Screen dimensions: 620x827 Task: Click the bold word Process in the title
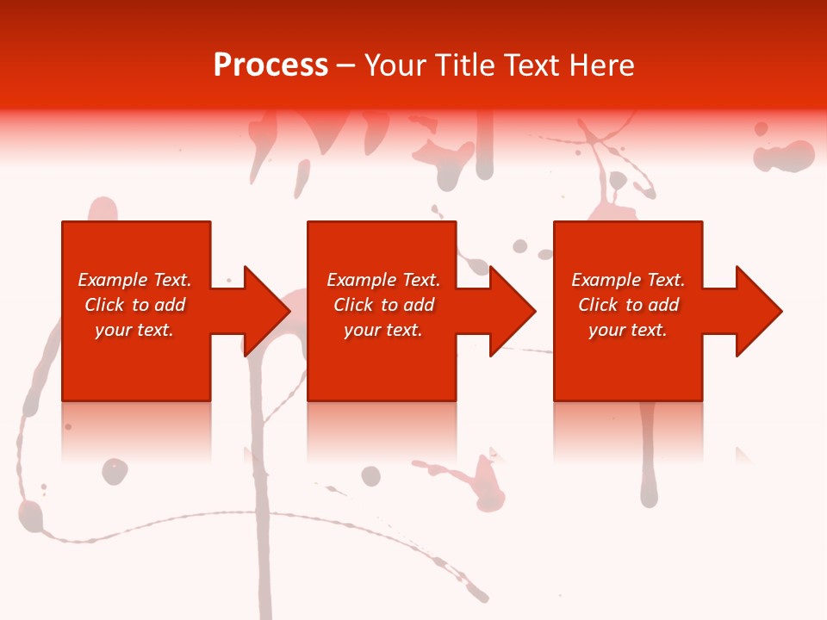click(x=270, y=65)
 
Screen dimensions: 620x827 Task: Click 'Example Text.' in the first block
click(x=134, y=280)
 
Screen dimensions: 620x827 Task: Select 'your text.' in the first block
click(x=134, y=330)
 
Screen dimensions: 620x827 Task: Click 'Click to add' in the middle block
click(x=383, y=305)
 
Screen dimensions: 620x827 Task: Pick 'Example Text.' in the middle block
click(x=383, y=280)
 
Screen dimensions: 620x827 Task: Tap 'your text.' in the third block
click(x=628, y=330)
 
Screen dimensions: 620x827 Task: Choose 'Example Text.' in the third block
click(x=628, y=280)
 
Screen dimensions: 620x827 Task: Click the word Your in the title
click(x=395, y=65)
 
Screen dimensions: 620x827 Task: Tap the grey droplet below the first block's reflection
click(x=115, y=471)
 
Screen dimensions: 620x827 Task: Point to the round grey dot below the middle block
click(x=370, y=476)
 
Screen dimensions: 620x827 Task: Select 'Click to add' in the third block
click(x=628, y=305)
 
